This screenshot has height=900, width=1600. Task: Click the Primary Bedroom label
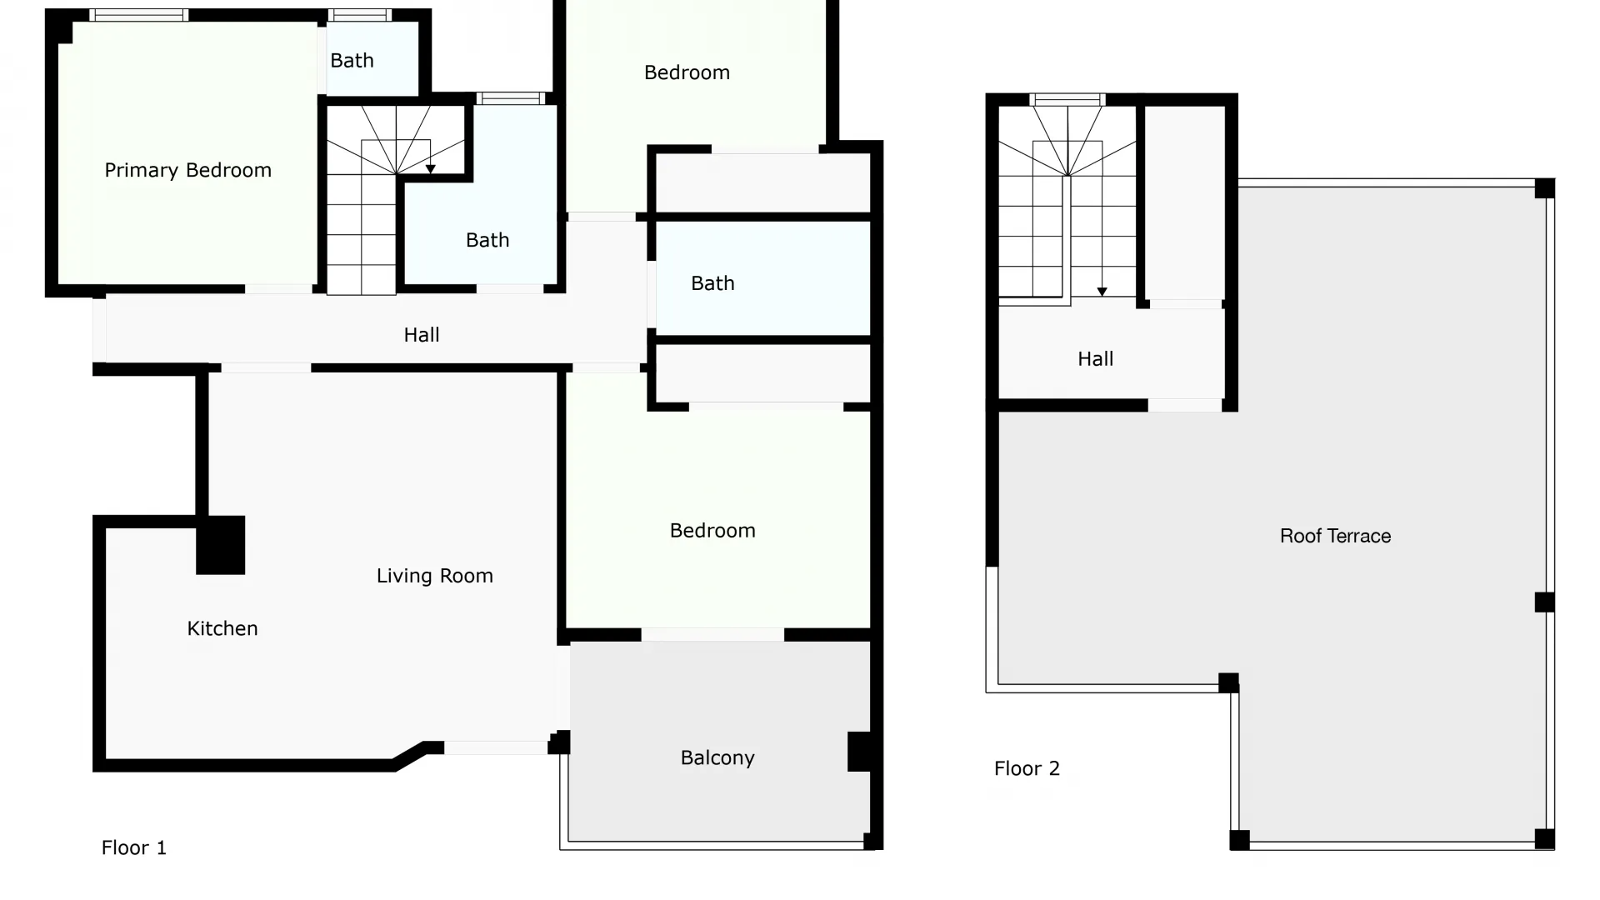click(x=187, y=170)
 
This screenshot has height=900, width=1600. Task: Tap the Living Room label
click(x=434, y=576)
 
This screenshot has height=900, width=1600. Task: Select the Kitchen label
click(x=222, y=628)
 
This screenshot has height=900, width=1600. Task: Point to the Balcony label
click(x=717, y=757)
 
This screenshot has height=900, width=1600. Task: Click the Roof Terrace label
click(x=1335, y=536)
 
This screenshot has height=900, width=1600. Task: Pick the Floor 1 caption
click(x=133, y=847)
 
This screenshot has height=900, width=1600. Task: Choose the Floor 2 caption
click(x=1027, y=768)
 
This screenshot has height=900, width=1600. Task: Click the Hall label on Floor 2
click(x=1095, y=359)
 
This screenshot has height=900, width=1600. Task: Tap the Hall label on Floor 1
click(x=421, y=335)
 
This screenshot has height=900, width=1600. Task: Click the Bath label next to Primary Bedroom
click(x=352, y=61)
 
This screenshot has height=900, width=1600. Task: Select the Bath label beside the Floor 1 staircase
click(x=487, y=240)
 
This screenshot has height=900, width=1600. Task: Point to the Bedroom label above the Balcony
click(x=712, y=531)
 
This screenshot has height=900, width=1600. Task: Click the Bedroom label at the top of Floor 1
click(x=687, y=72)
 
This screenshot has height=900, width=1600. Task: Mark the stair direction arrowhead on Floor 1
click(x=430, y=169)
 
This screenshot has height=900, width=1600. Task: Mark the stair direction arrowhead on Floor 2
click(x=1102, y=292)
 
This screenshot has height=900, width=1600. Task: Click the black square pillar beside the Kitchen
click(x=221, y=545)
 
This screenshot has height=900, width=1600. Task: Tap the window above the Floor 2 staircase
click(x=1067, y=99)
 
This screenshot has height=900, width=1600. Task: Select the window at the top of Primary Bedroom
click(x=138, y=15)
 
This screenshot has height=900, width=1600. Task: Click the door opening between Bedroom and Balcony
click(x=712, y=635)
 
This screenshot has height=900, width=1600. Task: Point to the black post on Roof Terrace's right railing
click(x=1544, y=602)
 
